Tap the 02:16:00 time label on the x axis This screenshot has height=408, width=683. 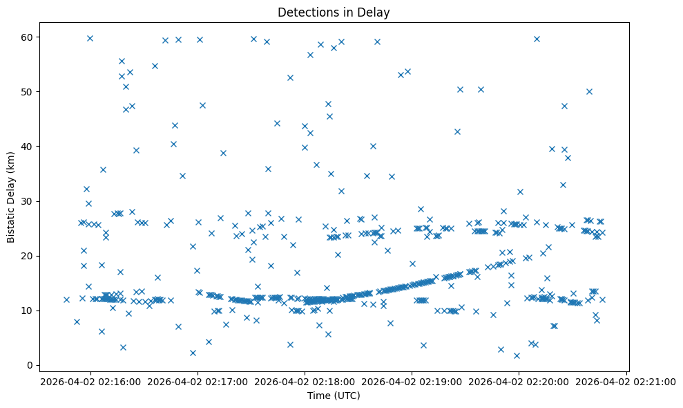pyautogui.click(x=90, y=381)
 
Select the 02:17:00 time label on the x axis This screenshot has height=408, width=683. pyautogui.click(x=198, y=381)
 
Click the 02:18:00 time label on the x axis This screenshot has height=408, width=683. pyautogui.click(x=305, y=381)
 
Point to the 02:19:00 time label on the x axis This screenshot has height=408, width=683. pyautogui.click(x=412, y=381)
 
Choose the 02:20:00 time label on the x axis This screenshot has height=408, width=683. pyautogui.click(x=519, y=381)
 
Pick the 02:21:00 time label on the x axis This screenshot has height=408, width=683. pyautogui.click(x=626, y=381)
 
